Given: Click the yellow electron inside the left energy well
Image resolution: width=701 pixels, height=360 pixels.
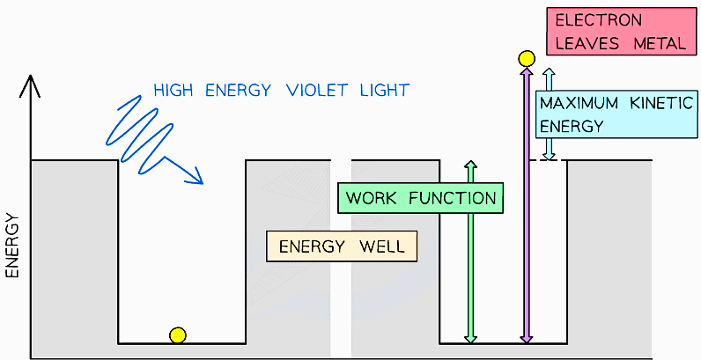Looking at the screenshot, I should tap(178, 334).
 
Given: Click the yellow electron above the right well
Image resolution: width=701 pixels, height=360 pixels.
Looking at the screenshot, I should tap(527, 59).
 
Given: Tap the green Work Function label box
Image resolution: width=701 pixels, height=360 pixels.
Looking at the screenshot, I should tap(420, 198).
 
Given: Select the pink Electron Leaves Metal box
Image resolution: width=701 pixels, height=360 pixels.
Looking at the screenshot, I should tap(616, 32).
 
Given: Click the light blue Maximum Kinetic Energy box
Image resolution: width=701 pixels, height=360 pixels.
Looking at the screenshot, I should tap(616, 114).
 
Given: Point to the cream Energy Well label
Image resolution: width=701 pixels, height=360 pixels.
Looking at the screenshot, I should tap(342, 246).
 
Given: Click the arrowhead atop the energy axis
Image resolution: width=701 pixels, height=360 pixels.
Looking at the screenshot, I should tap(32, 84).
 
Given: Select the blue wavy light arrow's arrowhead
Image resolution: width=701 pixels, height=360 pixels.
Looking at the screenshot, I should tap(194, 178).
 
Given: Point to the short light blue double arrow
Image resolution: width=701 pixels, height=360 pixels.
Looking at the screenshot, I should tap(549, 114).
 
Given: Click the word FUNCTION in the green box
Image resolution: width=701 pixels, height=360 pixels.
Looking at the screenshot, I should tap(456, 198).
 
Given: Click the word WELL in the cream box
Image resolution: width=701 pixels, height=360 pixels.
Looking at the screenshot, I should tap(385, 246).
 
